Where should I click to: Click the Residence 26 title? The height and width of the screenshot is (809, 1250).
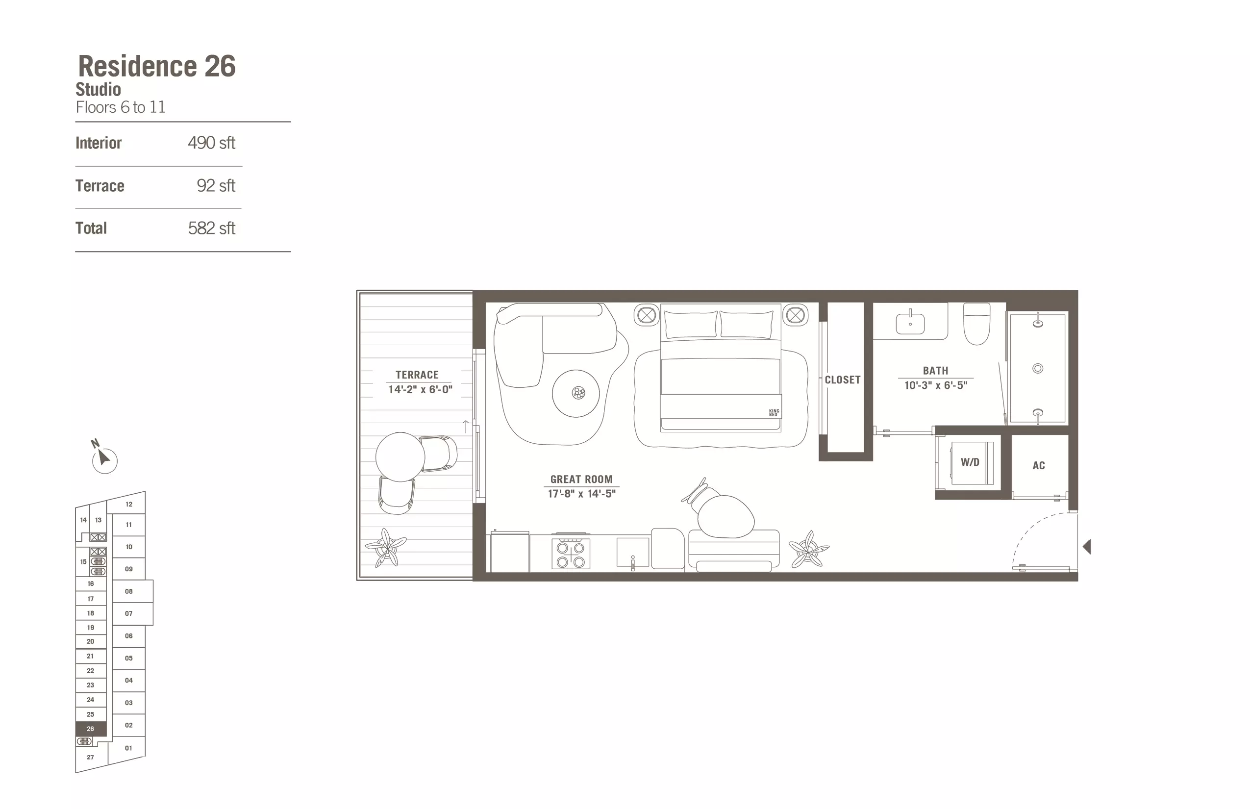click(x=156, y=66)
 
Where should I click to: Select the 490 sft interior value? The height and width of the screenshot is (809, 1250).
click(x=212, y=143)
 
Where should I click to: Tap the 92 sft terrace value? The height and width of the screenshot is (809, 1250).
click(x=216, y=185)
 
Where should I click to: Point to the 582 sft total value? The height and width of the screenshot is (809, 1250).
click(x=212, y=228)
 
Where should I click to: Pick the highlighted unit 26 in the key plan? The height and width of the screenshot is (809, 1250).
click(x=91, y=729)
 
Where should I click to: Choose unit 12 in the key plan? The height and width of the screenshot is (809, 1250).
click(x=128, y=505)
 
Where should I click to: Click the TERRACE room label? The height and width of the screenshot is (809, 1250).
click(x=417, y=375)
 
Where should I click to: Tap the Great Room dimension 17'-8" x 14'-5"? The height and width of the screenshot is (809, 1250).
click(x=581, y=494)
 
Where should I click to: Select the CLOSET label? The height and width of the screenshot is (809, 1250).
click(x=843, y=380)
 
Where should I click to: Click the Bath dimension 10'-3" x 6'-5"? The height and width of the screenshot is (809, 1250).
click(x=935, y=385)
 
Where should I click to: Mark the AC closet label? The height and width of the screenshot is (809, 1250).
click(x=1038, y=465)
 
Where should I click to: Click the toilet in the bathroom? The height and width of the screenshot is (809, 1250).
click(x=977, y=324)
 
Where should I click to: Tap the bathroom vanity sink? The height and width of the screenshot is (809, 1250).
click(x=910, y=322)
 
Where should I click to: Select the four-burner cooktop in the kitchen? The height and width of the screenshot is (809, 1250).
click(x=571, y=554)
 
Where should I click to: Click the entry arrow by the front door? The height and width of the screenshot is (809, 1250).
click(x=1087, y=547)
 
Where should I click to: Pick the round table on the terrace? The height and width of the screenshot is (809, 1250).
click(x=400, y=457)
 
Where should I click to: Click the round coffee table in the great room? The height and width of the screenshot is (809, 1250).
click(x=576, y=393)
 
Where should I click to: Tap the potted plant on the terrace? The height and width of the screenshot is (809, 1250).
click(x=387, y=547)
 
